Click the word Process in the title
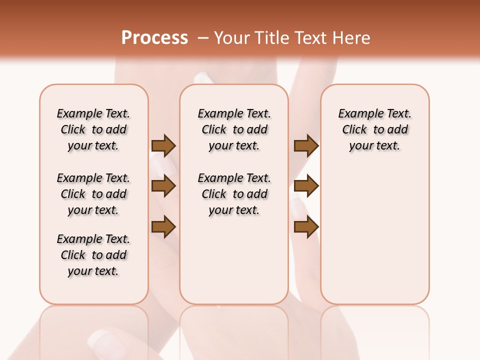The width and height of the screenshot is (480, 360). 154,37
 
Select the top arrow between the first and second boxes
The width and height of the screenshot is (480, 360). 163,145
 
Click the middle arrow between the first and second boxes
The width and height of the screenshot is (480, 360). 163,186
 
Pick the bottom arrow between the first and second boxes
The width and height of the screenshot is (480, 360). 163,227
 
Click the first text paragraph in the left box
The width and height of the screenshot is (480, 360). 93,129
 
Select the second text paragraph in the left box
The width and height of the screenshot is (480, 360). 93,194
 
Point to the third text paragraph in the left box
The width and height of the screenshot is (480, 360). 93,255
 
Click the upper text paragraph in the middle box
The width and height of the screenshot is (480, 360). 234,129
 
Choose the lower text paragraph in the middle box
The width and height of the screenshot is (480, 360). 234,194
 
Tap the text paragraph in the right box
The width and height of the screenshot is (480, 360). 374,129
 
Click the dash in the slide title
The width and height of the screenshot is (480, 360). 203,38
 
